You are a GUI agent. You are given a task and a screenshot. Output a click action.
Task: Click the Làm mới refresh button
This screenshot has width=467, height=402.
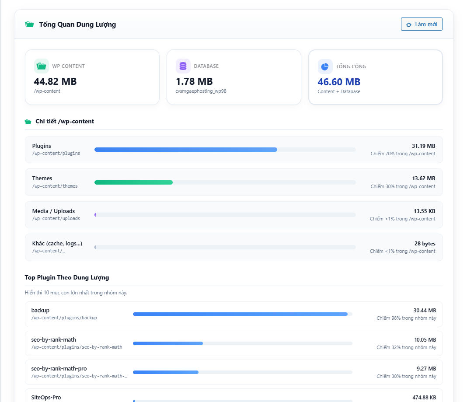coord(422,24)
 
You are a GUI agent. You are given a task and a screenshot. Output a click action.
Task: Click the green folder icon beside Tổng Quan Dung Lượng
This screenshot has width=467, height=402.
coord(29,24)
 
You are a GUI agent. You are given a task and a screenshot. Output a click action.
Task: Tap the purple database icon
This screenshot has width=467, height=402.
coord(183,66)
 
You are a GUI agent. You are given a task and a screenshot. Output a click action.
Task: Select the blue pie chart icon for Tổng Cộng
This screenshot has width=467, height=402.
coord(325,66)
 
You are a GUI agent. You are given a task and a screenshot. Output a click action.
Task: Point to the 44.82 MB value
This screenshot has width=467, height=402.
coord(55,81)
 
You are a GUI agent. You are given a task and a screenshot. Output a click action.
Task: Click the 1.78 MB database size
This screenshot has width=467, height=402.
coord(194,81)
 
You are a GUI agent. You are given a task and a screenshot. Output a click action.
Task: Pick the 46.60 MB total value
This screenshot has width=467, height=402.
coord(339,82)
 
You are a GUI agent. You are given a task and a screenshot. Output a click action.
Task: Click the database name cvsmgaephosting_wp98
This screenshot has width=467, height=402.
coord(201,91)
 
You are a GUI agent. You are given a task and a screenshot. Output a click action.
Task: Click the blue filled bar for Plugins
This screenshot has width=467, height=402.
coord(186,150)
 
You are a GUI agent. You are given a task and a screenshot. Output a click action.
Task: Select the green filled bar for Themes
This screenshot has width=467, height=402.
coord(133,182)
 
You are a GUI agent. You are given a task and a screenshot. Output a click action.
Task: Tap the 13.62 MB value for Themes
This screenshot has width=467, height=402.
coord(424,178)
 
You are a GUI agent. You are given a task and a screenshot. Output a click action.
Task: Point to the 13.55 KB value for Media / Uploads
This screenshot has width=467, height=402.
coord(425,211)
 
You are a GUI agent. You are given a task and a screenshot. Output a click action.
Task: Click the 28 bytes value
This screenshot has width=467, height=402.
coord(425,244)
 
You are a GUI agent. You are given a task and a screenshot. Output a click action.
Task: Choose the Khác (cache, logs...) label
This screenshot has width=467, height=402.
coord(57,244)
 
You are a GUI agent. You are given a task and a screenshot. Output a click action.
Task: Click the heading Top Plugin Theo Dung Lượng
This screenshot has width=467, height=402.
coord(67,277)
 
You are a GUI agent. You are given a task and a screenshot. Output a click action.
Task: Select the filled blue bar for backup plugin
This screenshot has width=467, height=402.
coord(240,314)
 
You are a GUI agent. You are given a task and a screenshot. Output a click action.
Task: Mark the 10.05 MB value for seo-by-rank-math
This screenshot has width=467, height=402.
coord(425,340)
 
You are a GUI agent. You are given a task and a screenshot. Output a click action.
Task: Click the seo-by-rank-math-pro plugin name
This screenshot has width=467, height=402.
coord(59,369)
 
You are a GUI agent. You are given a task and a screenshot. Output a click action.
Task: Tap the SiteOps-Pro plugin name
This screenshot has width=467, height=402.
coord(46,398)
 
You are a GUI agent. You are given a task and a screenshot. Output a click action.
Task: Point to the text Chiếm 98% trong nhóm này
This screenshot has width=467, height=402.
coord(406,318)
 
